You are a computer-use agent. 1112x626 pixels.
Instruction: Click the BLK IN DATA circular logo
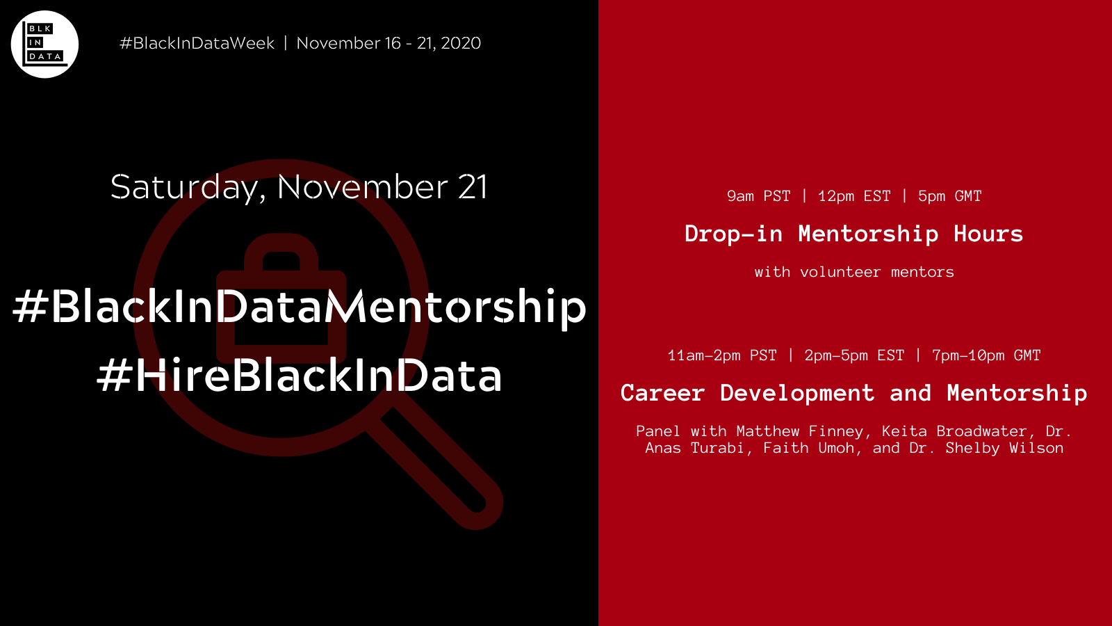pos(44,44)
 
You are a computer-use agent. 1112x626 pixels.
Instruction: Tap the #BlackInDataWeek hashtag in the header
pos(197,43)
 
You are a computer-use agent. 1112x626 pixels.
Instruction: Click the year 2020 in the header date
pos(461,43)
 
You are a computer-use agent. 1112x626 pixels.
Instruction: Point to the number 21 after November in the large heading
pos(473,186)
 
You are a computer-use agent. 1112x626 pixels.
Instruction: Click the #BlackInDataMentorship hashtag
pos(299,307)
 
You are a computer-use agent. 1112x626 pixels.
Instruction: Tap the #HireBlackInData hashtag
pos(299,376)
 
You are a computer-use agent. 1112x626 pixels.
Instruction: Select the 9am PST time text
pos(758,196)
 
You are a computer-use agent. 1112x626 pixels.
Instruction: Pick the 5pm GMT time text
pos(949,196)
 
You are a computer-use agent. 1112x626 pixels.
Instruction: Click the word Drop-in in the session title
pos(733,234)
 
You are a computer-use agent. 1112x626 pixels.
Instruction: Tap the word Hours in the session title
pos(988,234)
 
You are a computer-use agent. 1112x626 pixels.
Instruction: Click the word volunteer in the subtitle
pos(840,272)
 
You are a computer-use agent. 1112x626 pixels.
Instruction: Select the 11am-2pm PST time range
pos(722,355)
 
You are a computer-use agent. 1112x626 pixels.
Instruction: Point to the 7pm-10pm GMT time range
pos(986,355)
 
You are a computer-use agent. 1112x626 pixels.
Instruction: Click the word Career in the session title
pos(662,393)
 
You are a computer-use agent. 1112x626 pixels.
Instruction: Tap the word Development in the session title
pos(797,393)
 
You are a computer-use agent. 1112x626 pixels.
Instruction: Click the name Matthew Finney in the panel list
pos(799,431)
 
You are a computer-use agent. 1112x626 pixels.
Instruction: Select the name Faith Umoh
pos(808,448)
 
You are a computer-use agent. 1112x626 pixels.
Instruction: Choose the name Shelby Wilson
pos(1004,448)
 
